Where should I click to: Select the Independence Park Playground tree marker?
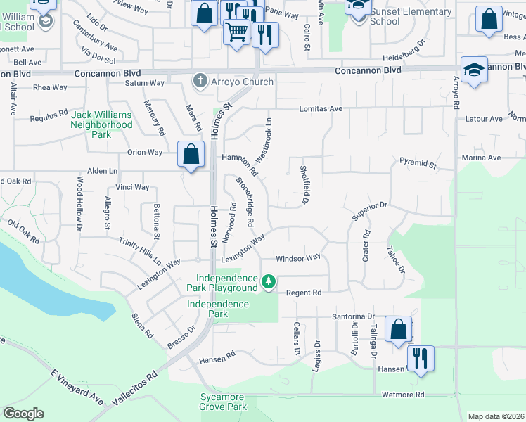(x=268, y=281)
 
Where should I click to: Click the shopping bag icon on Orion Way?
(x=191, y=154)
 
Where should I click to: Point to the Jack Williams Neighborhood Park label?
(x=101, y=124)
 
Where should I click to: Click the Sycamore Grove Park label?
(x=222, y=402)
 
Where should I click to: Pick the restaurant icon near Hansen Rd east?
(x=421, y=357)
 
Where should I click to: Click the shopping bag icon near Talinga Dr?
(x=398, y=329)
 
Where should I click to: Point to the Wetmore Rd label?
(x=403, y=395)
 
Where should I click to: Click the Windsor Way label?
(x=297, y=258)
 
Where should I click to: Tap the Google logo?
(x=23, y=414)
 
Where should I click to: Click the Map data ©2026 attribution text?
(x=495, y=416)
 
